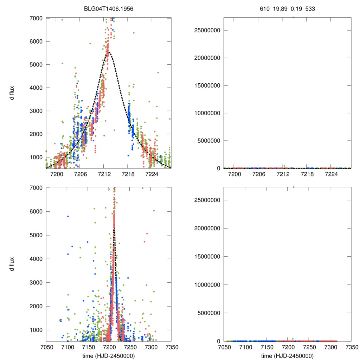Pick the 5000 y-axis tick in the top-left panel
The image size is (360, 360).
(x=36, y=65)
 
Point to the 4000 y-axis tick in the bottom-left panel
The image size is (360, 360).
(x=36, y=259)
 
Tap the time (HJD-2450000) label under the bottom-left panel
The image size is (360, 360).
(x=109, y=355)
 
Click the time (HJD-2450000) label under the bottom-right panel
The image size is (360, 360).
(x=287, y=355)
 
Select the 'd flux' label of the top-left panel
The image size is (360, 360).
(x=12, y=93)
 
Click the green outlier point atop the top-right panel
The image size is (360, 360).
(x=293, y=17)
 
